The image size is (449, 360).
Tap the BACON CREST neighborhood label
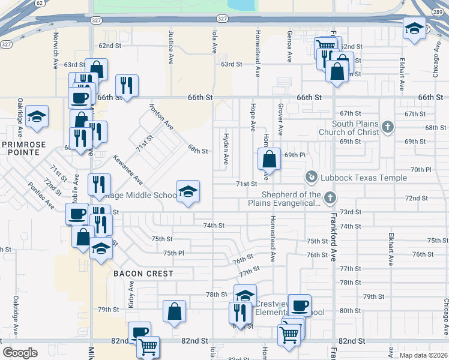pos(143,274)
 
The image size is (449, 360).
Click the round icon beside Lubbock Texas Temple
pos(311,177)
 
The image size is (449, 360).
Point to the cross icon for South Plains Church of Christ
pos(388,127)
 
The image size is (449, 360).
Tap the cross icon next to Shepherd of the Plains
pos(330,197)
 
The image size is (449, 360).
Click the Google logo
pos(20,353)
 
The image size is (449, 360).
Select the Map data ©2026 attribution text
pos(423,355)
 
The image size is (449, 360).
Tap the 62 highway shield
pos(40,2)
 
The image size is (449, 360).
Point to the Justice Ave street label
pos(171,47)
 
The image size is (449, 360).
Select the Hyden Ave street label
pos(226,150)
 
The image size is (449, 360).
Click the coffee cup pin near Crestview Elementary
pos(300,305)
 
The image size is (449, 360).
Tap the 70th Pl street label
pos(420,170)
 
